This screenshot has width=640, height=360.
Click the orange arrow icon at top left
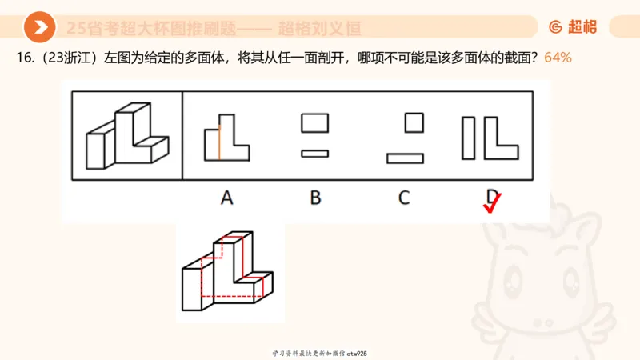click(39, 28)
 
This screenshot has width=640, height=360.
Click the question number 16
click(21, 58)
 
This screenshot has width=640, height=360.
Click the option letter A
click(227, 197)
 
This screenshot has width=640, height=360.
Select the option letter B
click(315, 197)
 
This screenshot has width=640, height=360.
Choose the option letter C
click(405, 197)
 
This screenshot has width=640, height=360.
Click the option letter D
click(491, 196)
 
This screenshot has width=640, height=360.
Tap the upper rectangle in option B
click(314, 123)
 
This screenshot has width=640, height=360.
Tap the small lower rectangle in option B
click(314, 153)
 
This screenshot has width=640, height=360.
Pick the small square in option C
click(414, 122)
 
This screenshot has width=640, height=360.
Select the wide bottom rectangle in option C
click(405, 158)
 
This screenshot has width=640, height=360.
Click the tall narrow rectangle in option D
click(468, 138)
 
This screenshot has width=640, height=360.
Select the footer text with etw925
click(319, 353)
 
